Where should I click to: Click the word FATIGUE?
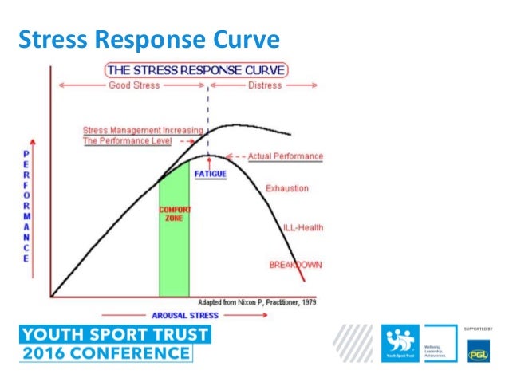(x=210, y=173)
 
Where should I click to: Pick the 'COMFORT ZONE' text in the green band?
(x=174, y=215)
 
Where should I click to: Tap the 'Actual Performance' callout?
(x=286, y=156)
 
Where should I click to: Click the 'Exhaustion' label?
(x=286, y=189)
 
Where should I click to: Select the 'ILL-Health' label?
(x=303, y=229)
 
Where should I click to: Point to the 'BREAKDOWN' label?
(x=295, y=265)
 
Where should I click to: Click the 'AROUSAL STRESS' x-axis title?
(x=185, y=315)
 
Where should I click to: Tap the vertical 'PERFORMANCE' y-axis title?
(x=26, y=205)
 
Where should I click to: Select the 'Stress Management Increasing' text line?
(x=143, y=130)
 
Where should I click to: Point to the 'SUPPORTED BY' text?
(x=477, y=328)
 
